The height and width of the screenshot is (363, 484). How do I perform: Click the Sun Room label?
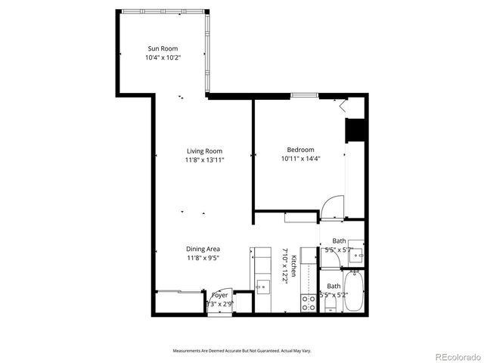[163, 48]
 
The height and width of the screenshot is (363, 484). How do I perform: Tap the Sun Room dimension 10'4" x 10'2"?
[163, 57]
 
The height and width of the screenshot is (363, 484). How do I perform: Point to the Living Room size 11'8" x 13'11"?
[204, 160]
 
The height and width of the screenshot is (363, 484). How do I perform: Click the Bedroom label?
[300, 150]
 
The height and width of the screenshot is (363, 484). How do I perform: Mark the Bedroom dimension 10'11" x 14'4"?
[300, 159]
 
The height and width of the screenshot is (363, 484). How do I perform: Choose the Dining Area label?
[203, 249]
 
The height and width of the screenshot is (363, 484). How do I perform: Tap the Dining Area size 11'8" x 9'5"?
[203, 258]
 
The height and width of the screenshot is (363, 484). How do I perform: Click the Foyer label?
[219, 295]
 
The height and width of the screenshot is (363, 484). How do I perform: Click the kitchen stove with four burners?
[309, 302]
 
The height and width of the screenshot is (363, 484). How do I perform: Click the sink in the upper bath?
[356, 256]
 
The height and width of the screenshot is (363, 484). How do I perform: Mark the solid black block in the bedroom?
[355, 130]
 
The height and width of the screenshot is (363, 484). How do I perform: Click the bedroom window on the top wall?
[304, 95]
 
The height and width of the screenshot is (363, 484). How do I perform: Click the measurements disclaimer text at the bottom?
[242, 351]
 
